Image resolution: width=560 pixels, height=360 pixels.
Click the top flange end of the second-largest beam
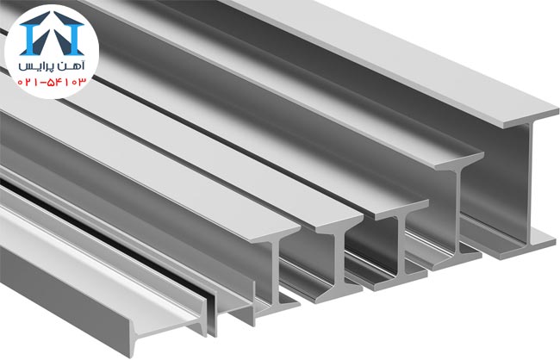pos(459,161)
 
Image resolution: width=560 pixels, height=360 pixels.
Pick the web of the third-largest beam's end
pos(401,246)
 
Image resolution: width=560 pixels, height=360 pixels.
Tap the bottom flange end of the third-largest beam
pos(399,281)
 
